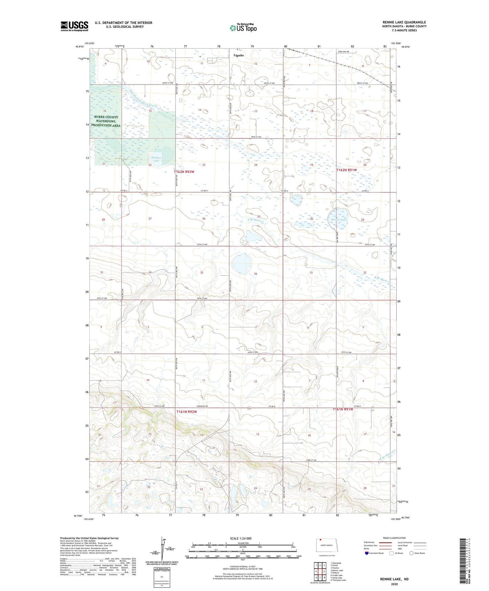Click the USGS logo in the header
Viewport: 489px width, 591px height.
click(x=74, y=26)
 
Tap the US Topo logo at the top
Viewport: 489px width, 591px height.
click(x=243, y=28)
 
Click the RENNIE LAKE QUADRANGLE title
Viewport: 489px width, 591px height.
click(x=404, y=22)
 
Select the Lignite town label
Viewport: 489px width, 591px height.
click(x=239, y=55)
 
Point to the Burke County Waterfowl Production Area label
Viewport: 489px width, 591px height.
click(x=106, y=121)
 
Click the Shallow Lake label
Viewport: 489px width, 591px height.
click(x=156, y=159)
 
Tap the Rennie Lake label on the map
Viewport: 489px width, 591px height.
click(x=339, y=220)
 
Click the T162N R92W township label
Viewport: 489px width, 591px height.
click(x=184, y=172)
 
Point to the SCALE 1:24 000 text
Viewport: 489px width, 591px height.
click(x=240, y=538)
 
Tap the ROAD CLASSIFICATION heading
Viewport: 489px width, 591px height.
click(x=395, y=538)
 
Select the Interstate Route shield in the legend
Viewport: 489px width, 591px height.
click(x=367, y=553)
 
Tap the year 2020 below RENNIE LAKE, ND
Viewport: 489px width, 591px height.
click(x=394, y=584)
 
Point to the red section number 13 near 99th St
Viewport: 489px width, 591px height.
click(x=256, y=111)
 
